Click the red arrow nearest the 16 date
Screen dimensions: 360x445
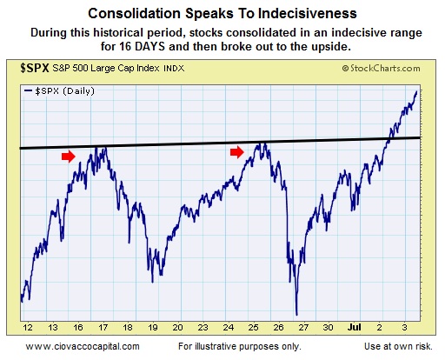click(69, 156)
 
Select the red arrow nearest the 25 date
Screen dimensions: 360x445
click(237, 152)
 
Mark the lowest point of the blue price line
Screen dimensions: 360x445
click(297, 314)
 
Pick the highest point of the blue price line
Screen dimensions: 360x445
click(416, 90)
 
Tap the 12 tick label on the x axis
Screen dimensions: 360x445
click(29, 327)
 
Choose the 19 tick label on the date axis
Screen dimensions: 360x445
click(153, 327)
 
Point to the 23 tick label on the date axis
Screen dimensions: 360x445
click(203, 327)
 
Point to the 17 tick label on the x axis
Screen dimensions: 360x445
click(103, 327)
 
